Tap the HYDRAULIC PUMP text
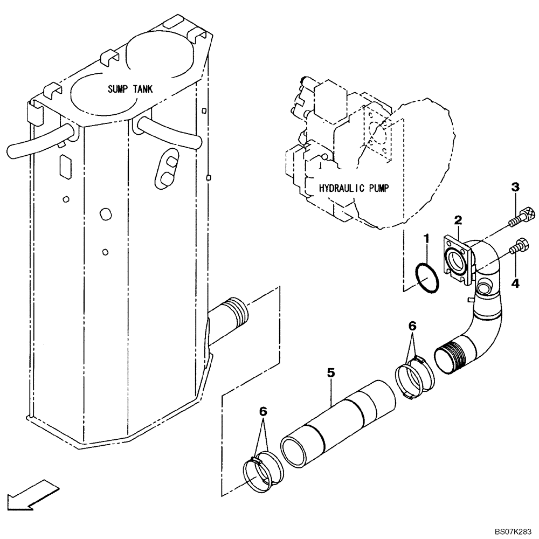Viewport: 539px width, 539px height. point(354,188)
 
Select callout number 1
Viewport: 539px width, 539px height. point(426,238)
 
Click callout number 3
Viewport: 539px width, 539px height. point(515,187)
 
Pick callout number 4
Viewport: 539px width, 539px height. point(515,283)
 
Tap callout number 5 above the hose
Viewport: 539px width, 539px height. point(331,372)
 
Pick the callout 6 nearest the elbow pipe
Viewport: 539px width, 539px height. point(412,326)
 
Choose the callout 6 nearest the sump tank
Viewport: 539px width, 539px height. point(262,411)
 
